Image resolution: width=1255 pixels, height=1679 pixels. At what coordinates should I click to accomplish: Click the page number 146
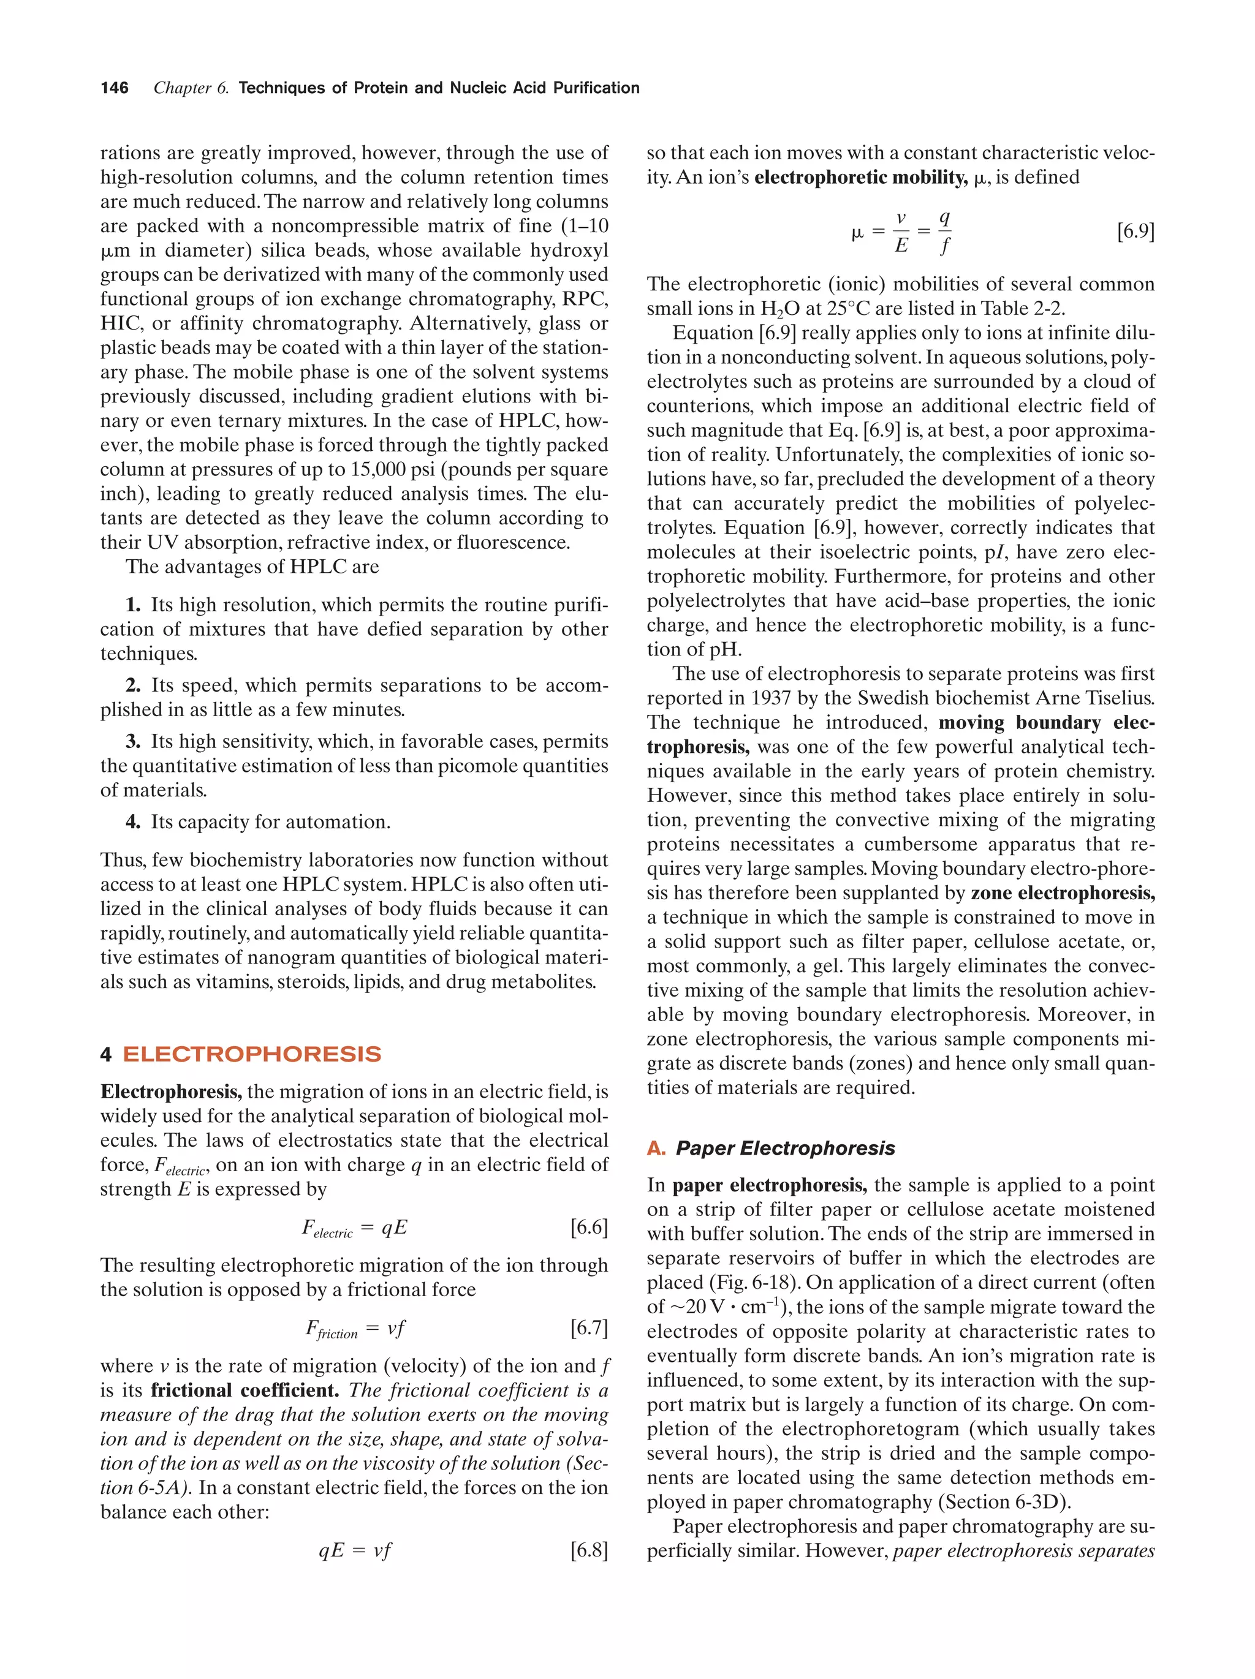pos(115,88)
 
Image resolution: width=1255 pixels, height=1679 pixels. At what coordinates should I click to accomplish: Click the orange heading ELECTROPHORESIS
pos(251,1054)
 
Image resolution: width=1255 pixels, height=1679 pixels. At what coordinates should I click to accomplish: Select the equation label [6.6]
pos(588,1228)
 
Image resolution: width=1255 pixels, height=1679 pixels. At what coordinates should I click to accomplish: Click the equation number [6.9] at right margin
pos(1135,232)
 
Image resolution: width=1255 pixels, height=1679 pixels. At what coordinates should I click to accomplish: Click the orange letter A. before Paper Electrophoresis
pos(656,1149)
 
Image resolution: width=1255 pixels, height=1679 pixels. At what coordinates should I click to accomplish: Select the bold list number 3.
pos(134,742)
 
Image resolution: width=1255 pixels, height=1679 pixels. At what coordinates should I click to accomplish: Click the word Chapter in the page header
pos(182,88)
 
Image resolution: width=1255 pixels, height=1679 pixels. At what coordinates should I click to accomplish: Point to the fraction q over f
pos(944,232)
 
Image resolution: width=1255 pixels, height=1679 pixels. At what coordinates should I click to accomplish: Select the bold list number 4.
pos(134,822)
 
